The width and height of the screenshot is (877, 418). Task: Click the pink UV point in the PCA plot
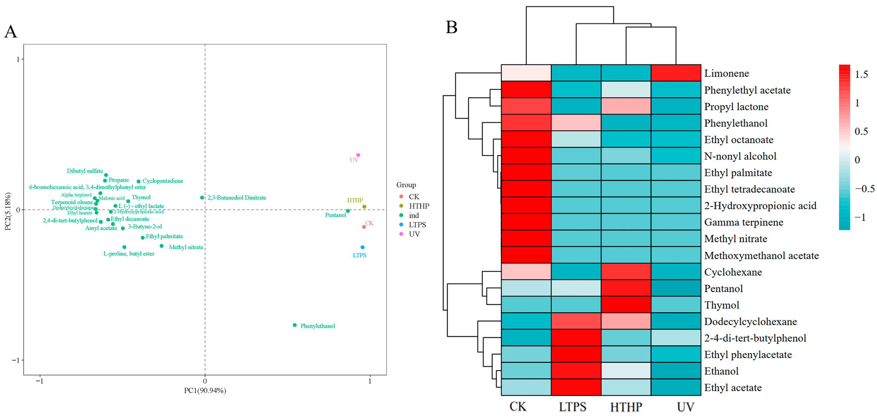(358, 155)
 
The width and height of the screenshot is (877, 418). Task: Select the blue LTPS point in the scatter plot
(362, 247)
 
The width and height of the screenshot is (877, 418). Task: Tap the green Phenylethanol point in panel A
(294, 325)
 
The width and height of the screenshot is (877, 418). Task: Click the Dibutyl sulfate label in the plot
(85, 171)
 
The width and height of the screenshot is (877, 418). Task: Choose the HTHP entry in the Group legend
(419, 206)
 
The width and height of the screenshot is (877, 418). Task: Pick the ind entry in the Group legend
(414, 215)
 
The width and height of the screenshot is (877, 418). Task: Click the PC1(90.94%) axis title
(205, 390)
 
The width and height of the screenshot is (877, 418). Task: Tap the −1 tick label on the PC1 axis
(40, 381)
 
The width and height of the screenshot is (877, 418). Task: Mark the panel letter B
(451, 27)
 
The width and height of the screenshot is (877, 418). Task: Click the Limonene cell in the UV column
(676, 73)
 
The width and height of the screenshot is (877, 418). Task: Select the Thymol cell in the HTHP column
(626, 305)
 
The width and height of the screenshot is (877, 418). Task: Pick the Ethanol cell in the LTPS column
(576, 371)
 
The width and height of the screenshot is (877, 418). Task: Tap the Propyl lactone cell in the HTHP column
(626, 106)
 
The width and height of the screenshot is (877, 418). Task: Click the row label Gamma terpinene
(743, 222)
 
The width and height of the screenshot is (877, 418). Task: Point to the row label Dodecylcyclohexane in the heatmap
(750, 322)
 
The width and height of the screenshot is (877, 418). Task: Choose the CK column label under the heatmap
(518, 407)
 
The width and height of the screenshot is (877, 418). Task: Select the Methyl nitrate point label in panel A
(186, 247)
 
